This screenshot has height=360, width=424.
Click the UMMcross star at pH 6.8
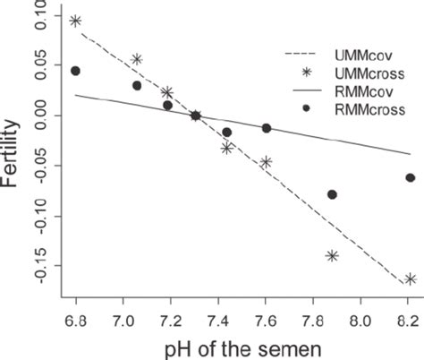(75, 21)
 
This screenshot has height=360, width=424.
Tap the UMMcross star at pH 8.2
(410, 279)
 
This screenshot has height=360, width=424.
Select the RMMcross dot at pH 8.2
(410, 178)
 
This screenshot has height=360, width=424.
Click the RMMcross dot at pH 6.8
(75, 71)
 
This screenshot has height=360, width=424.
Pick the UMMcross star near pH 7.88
(333, 256)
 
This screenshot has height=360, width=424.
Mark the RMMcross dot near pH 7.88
(333, 194)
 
